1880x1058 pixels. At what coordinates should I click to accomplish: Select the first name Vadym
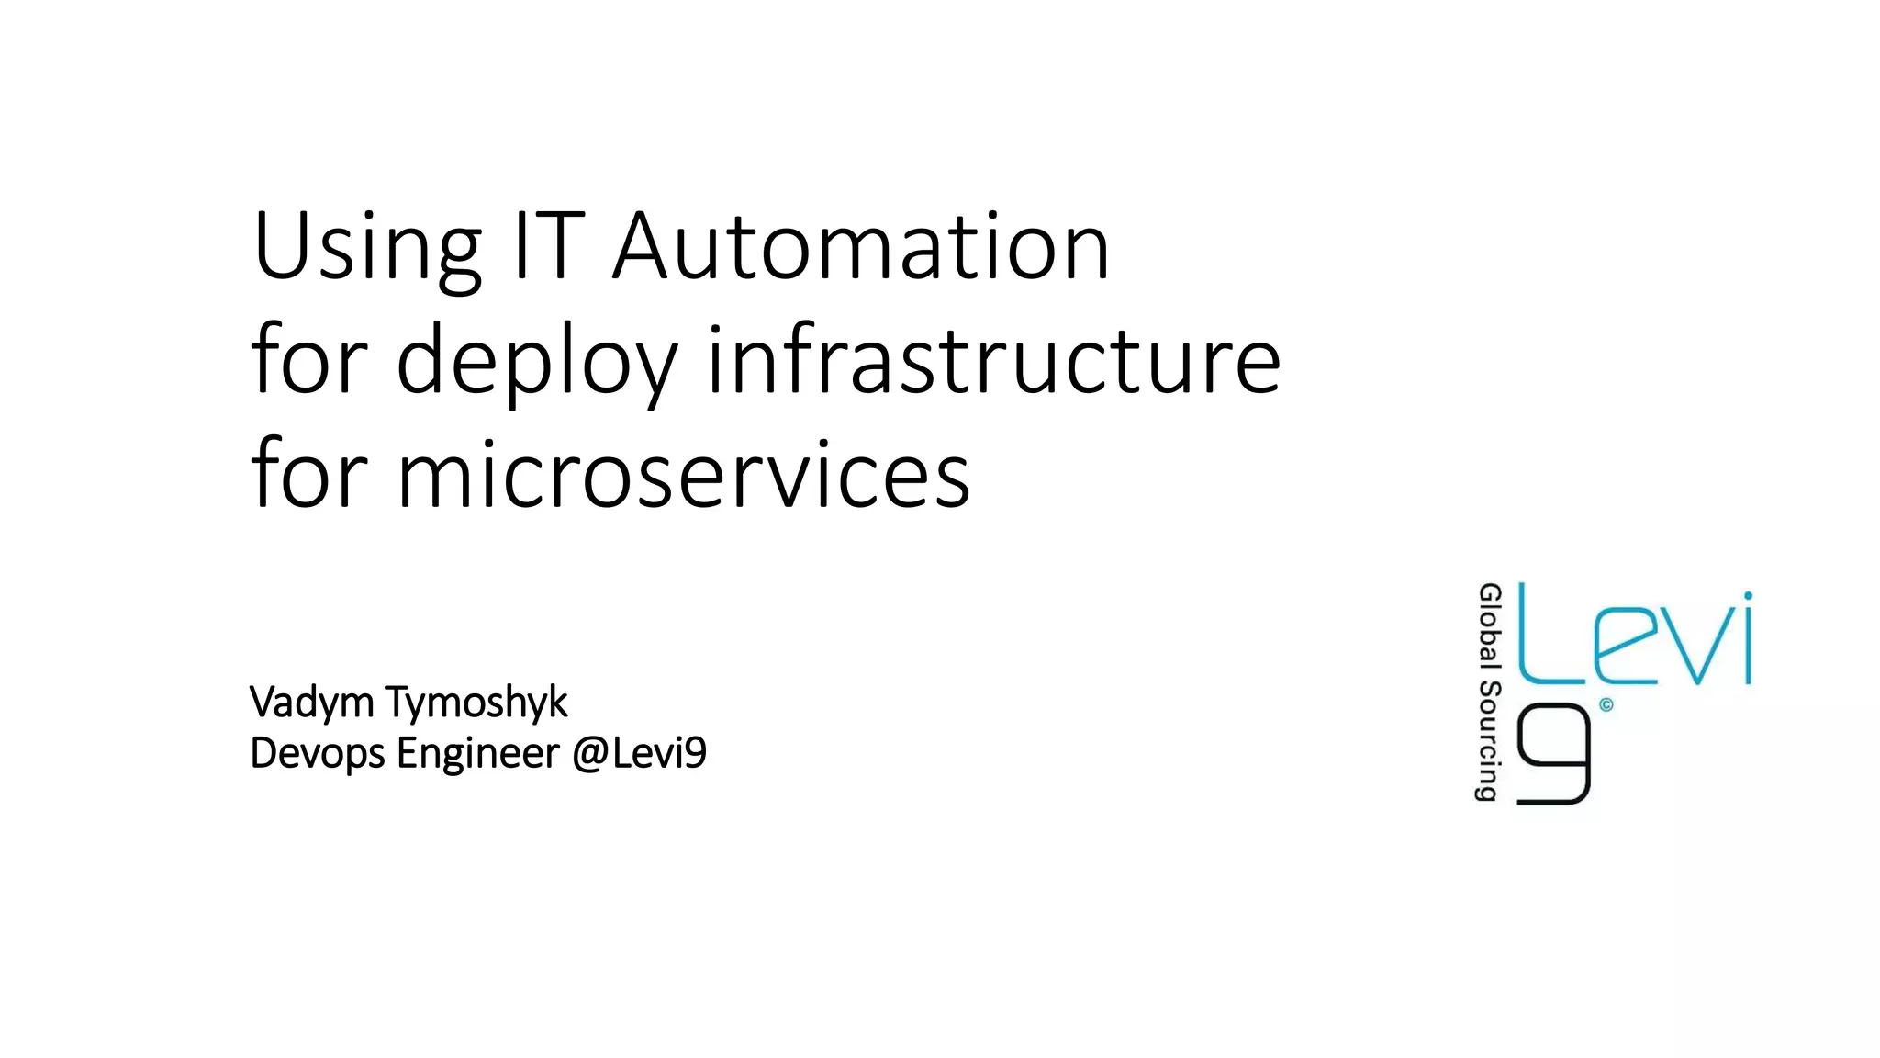click(311, 703)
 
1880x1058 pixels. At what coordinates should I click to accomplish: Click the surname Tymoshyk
click(476, 703)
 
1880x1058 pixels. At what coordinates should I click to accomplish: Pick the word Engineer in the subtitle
click(478, 754)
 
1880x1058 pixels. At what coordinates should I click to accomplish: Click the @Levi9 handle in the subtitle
click(639, 753)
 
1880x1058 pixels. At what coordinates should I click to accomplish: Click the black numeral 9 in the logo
click(1553, 754)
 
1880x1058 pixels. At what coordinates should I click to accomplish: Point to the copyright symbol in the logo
click(1606, 705)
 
